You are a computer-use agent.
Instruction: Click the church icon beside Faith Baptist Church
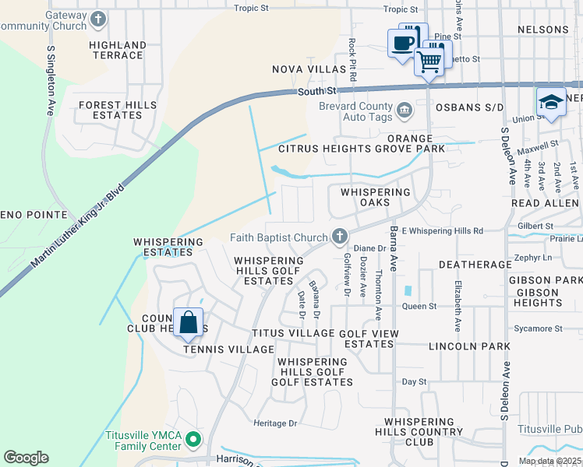tap(339, 235)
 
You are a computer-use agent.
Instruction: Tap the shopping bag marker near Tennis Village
tap(189, 322)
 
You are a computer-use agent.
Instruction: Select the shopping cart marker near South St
tap(429, 61)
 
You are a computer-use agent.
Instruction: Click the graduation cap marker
tap(551, 103)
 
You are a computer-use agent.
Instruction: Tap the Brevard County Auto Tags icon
tap(404, 111)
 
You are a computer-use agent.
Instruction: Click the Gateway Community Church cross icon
tap(98, 19)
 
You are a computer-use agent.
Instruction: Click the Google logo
tap(26, 458)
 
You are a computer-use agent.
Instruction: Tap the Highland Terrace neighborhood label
tap(117, 51)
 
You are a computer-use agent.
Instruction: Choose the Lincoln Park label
tap(469, 346)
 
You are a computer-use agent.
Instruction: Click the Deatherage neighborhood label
tap(475, 265)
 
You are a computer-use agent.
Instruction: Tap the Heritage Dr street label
tap(276, 423)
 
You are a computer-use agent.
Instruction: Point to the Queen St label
tap(419, 306)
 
